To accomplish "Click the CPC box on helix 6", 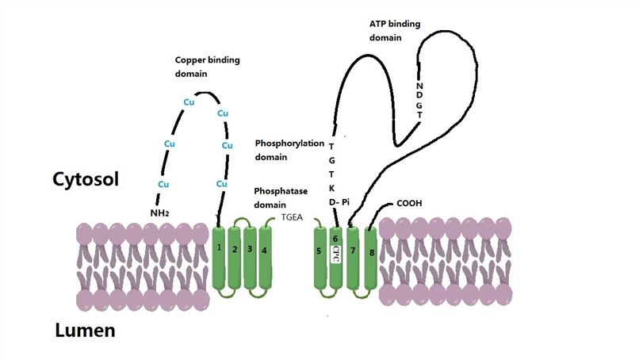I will tap(336, 253).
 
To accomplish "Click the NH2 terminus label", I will tap(162, 213).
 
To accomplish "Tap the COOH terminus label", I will tap(409, 203).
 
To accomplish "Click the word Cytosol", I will tap(86, 180).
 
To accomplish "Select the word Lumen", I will tap(85, 330).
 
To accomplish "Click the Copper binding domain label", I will tap(208, 67).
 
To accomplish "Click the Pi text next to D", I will tap(346, 202).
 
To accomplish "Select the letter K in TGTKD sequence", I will tap(332, 188).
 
